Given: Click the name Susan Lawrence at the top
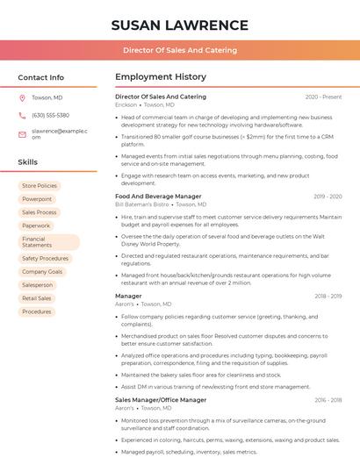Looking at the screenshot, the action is [x=180, y=25].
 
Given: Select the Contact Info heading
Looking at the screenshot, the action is [x=41, y=77].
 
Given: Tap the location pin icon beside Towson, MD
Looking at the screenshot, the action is [x=22, y=97].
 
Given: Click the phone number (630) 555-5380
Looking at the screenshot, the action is [x=50, y=115].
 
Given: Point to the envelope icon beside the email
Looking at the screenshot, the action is [x=22, y=134].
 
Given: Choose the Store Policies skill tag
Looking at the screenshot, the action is [x=40, y=186].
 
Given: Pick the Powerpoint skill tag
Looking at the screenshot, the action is [x=37, y=199].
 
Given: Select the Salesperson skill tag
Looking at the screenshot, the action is [x=38, y=285].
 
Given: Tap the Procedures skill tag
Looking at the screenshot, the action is [x=37, y=311].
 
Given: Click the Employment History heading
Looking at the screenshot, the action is [x=161, y=77].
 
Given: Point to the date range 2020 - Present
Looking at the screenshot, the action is [x=323, y=97].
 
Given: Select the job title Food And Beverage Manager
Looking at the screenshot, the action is [x=158, y=197].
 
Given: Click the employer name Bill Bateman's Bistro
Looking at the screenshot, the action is [x=141, y=204].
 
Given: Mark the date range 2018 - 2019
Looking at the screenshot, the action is [x=328, y=297].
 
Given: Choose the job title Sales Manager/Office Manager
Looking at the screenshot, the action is [x=161, y=400].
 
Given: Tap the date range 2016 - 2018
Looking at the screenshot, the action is [x=328, y=400].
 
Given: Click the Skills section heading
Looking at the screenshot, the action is [x=28, y=162].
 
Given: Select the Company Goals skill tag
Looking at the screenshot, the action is [x=42, y=272].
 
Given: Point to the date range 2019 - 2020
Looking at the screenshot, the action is [x=328, y=197].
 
